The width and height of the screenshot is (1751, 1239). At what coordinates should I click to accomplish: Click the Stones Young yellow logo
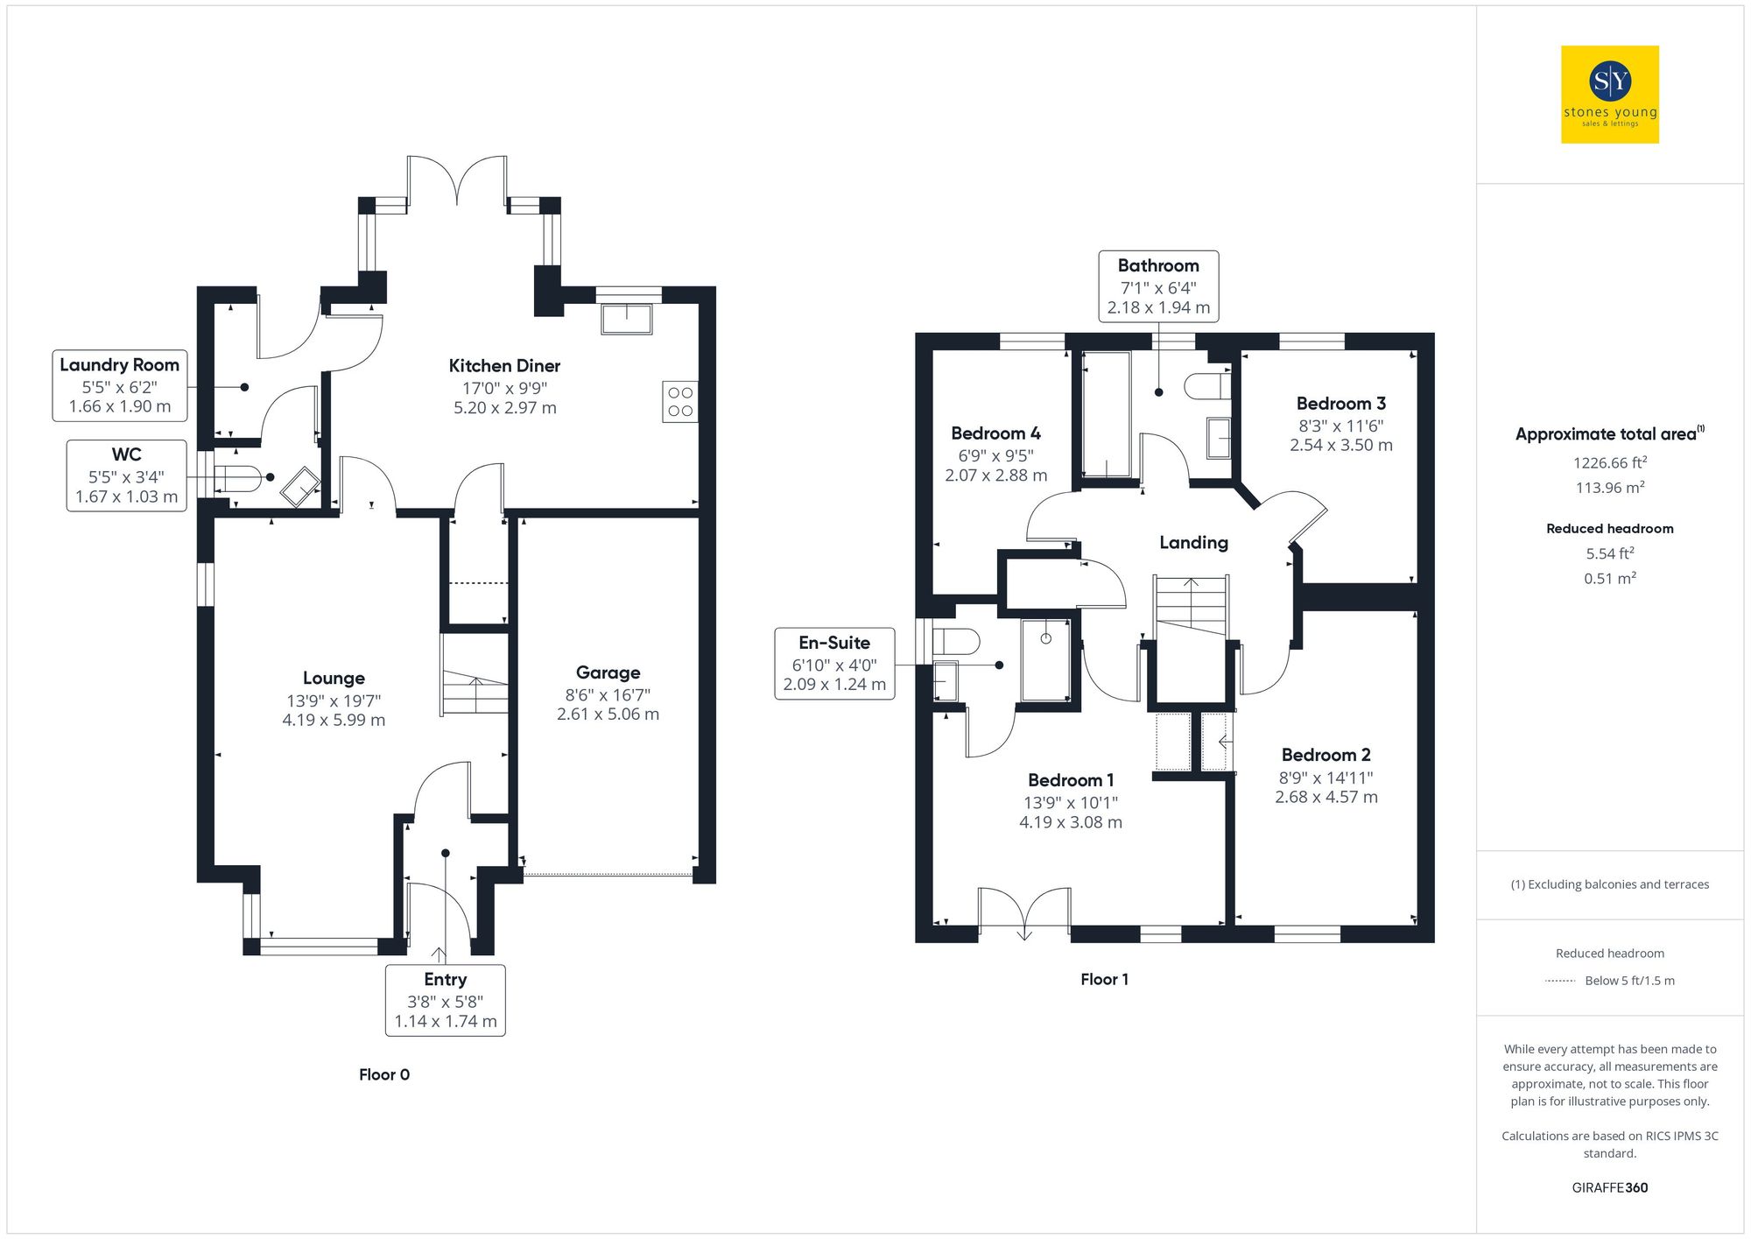(1610, 95)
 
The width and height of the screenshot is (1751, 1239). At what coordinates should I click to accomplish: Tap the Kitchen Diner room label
(504, 366)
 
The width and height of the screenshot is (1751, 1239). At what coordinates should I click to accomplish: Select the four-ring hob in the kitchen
(680, 402)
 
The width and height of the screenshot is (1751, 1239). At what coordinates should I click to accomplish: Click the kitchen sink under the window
(627, 319)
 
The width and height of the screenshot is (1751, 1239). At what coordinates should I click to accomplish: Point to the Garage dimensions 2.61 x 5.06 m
(608, 715)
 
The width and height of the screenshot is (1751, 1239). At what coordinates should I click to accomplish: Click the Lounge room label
(334, 679)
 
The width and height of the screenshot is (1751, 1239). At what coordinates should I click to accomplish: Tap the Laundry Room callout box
(120, 385)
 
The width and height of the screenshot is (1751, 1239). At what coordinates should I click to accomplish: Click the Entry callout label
(445, 980)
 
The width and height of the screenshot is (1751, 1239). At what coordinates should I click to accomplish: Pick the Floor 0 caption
(383, 1075)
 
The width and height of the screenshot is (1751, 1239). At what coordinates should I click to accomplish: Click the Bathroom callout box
(1158, 286)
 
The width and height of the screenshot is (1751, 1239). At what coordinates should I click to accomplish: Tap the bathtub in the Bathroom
(1107, 414)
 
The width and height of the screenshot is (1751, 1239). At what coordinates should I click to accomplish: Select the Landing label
(1193, 543)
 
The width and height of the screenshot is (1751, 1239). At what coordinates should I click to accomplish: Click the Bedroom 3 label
(1340, 404)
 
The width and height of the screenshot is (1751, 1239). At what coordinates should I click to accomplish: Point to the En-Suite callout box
(834, 664)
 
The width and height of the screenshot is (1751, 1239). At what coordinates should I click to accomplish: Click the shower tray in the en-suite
(1045, 659)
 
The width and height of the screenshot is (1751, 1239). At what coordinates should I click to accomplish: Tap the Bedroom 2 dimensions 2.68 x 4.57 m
(1326, 798)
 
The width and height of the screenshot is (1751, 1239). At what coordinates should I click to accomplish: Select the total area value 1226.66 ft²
(1609, 463)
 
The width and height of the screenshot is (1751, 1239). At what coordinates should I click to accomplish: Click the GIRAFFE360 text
(1609, 1188)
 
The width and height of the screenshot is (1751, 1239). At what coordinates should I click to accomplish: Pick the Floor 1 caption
(1104, 980)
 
